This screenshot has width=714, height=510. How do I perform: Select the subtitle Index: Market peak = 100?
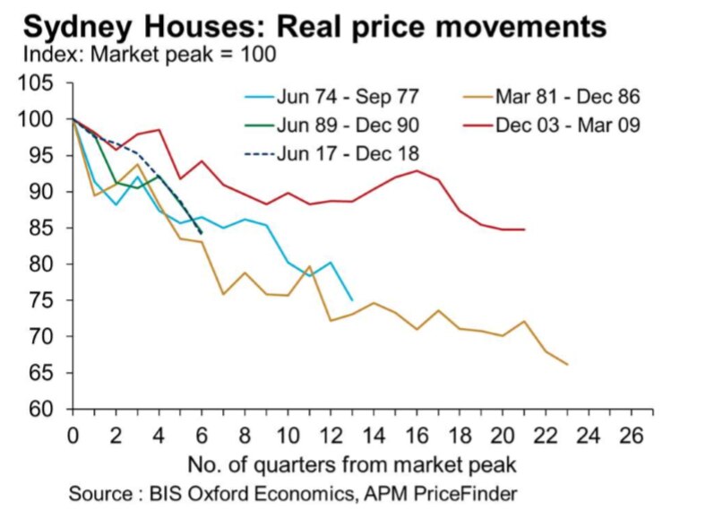point(148,55)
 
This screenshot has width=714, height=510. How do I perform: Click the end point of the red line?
point(523,229)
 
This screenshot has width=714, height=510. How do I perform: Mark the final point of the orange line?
point(567,364)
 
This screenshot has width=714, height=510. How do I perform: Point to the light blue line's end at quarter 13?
point(351,300)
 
